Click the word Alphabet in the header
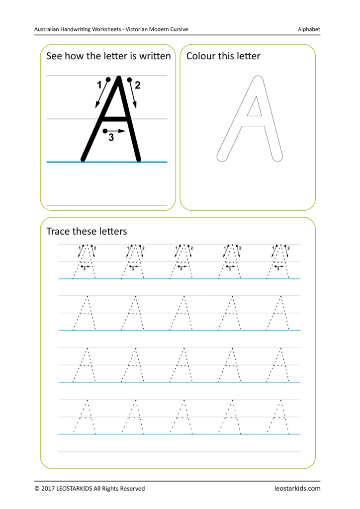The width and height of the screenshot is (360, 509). click(309, 29)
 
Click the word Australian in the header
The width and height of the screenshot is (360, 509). click(49, 29)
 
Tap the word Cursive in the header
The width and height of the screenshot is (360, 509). click(178, 29)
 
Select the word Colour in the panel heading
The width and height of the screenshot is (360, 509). click(200, 56)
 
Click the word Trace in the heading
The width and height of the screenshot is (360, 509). click(58, 231)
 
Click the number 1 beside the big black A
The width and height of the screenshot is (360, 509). click(99, 85)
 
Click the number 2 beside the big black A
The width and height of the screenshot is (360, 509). click(138, 85)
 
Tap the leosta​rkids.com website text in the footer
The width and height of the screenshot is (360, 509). click(297, 489)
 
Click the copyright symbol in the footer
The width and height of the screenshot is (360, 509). click(37, 489)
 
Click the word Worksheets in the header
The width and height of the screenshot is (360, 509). click(106, 29)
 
